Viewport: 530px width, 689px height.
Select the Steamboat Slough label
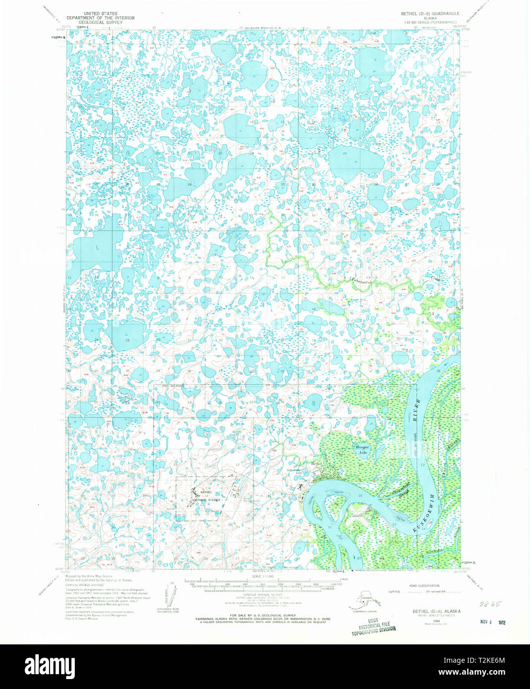(396, 494)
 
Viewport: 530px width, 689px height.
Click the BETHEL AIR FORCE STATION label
(206, 497)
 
